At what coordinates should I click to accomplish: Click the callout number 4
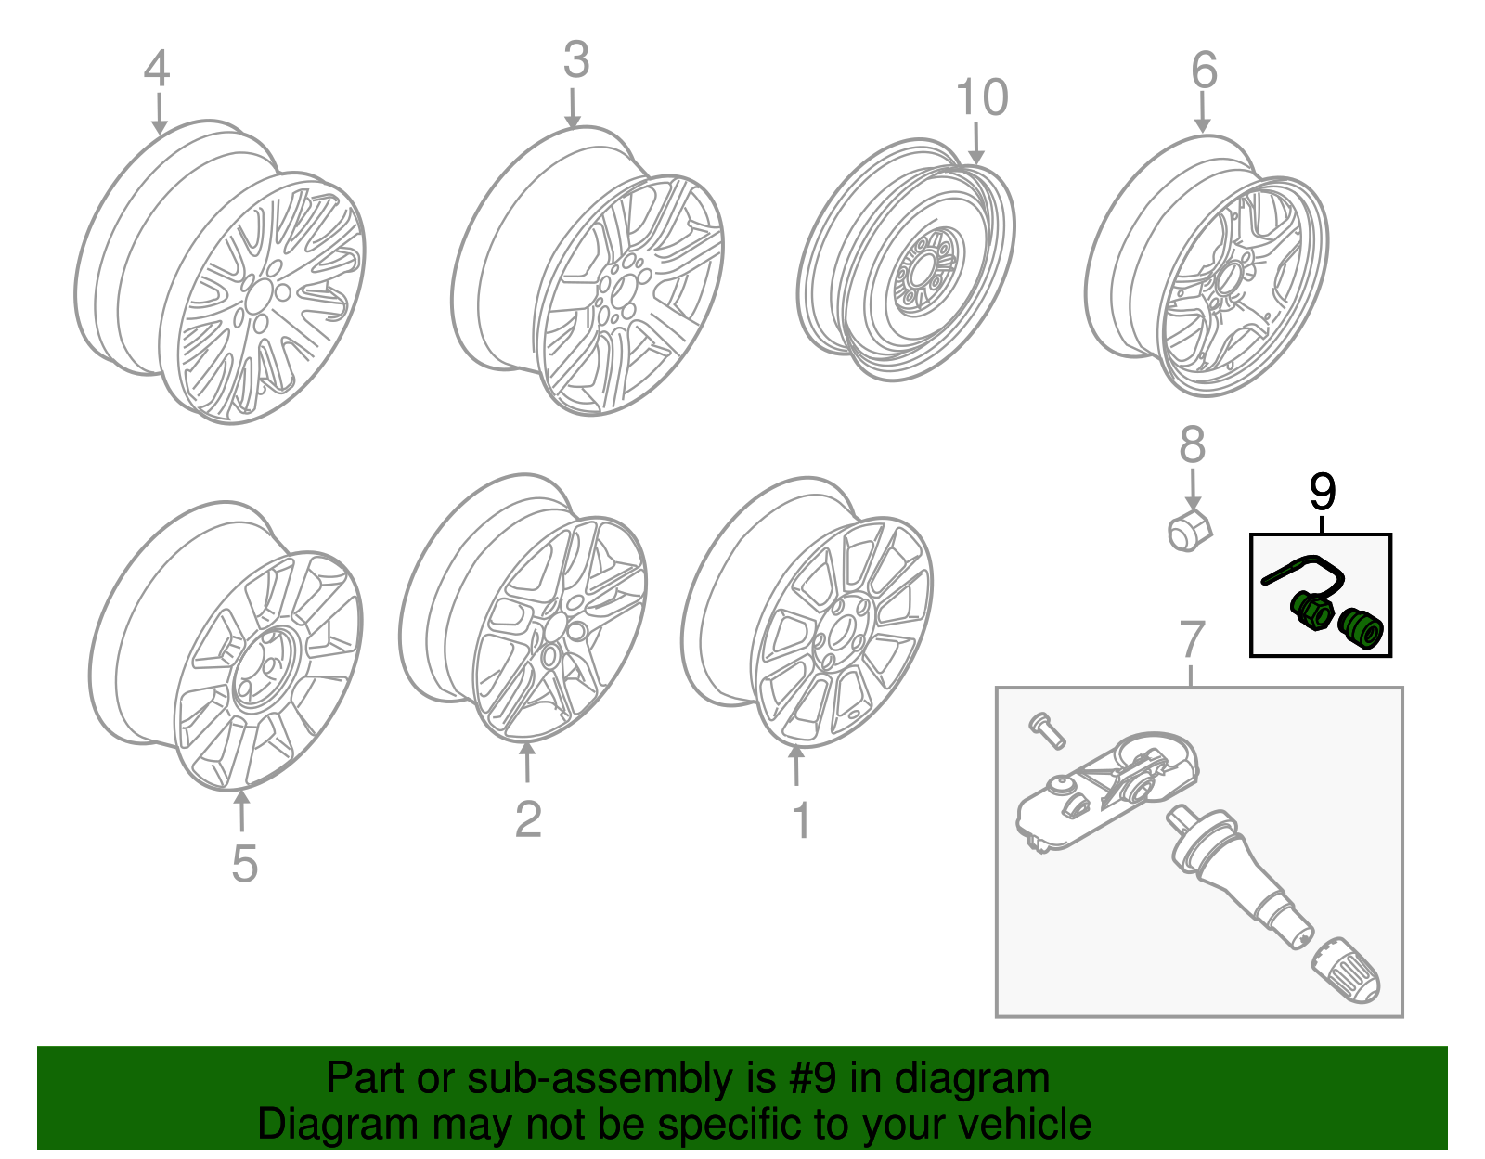coord(156,70)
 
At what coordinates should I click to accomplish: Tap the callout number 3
coord(575,60)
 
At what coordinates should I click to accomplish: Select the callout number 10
coord(981,98)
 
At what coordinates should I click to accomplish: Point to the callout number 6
coord(1204,71)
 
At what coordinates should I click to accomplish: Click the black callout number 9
coord(1322,492)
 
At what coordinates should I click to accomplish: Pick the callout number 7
coord(1192,641)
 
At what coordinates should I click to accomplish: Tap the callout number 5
coord(244,864)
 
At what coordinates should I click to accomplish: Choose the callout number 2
coord(527,819)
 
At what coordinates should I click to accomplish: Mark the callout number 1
coord(800,821)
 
